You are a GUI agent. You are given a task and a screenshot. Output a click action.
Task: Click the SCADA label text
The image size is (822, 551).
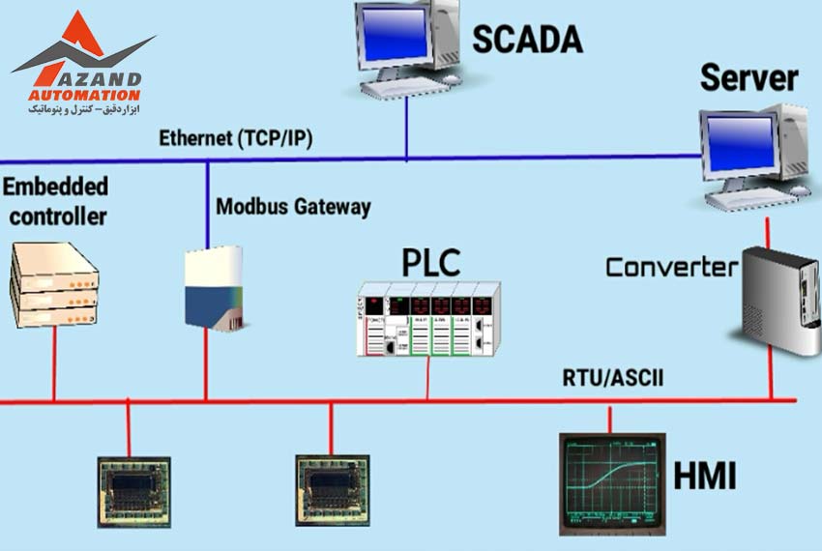pos(527,40)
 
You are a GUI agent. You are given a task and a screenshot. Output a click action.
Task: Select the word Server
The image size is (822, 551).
pos(749,77)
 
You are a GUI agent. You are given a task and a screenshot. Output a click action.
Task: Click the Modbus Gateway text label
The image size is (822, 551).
pos(293,207)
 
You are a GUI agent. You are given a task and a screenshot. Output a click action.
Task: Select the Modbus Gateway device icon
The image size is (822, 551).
pos(212,288)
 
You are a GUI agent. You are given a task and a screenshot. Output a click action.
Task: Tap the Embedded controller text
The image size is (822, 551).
pos(56,201)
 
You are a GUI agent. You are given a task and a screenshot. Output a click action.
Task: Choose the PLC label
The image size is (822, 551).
pos(431,262)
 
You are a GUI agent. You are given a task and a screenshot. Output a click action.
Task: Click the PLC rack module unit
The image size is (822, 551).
pos(428,319)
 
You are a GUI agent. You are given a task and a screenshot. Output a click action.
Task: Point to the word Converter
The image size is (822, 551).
pos(671,267)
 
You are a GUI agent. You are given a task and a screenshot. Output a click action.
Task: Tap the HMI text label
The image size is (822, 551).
pos(704,477)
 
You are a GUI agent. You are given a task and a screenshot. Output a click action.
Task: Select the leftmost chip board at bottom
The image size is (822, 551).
pos(134,490)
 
